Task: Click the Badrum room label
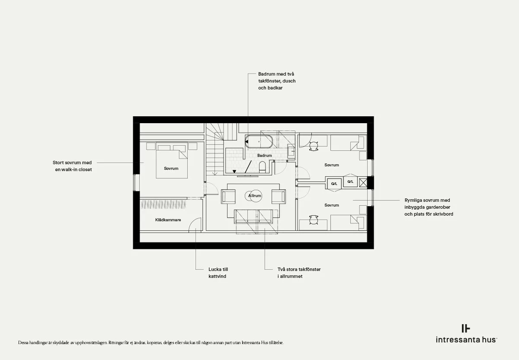coord(264,155)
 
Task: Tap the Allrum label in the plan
coord(255,196)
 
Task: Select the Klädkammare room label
coord(168,220)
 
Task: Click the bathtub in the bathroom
coord(259,141)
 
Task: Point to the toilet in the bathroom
coord(262,167)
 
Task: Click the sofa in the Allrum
coord(253,217)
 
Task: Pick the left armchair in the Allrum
coord(228,197)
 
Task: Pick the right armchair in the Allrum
coord(279,197)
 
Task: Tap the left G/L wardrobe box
coord(334,184)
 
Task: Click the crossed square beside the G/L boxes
coord(363,183)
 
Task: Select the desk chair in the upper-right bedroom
coord(314,147)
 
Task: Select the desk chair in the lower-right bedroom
coord(314,220)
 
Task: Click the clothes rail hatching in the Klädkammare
coord(163,204)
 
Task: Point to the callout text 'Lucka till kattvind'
coord(218,273)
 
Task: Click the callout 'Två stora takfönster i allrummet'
coord(299,273)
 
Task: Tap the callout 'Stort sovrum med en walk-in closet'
coord(72,166)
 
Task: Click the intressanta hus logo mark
coord(466,328)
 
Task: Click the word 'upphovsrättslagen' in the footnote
coord(92,343)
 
